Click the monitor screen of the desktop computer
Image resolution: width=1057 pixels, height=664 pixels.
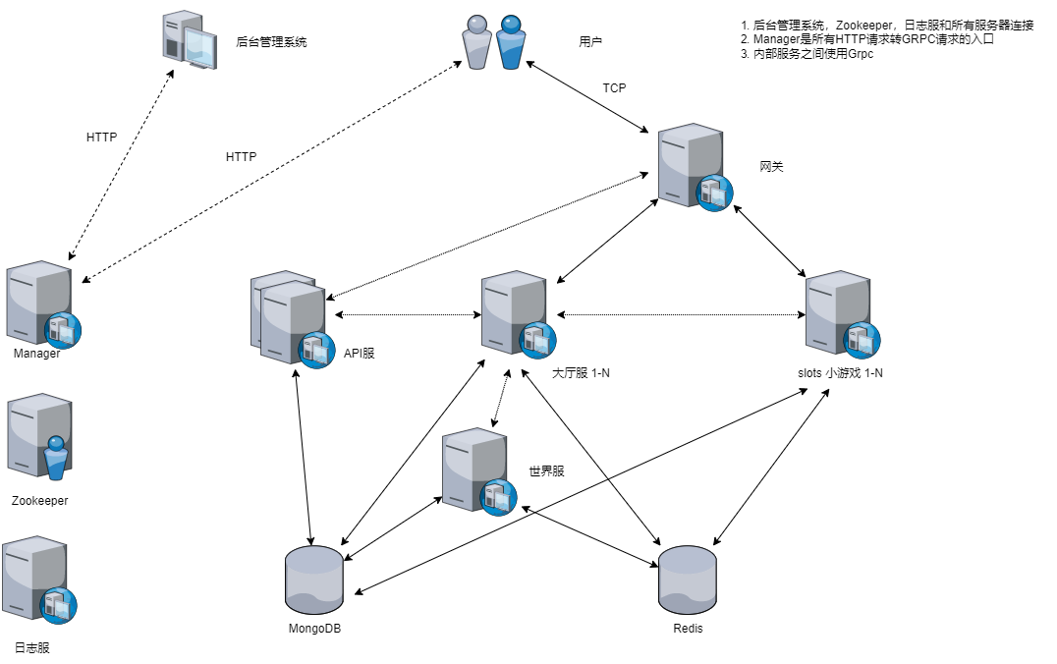pos(200,46)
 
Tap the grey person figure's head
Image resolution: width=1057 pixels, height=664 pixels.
pos(477,25)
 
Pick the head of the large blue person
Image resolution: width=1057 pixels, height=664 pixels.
pos(511,25)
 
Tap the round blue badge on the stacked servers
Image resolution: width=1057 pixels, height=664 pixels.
pos(316,351)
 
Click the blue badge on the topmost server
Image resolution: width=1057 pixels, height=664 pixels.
pos(714,194)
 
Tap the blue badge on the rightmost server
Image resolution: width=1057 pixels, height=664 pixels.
pos(862,341)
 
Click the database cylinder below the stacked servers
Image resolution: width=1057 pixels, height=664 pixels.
pos(314,580)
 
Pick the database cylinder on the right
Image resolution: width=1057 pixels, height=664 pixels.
pos(688,580)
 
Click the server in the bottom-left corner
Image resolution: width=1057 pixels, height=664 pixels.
pos(29,575)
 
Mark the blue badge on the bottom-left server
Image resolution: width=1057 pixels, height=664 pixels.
pos(58,606)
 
